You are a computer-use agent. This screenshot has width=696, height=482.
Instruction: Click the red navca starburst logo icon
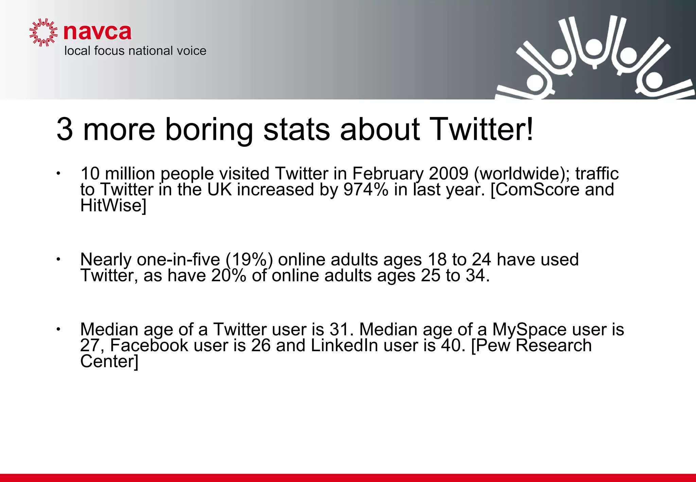tap(43, 32)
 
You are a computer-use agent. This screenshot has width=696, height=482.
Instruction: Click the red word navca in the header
tap(97, 32)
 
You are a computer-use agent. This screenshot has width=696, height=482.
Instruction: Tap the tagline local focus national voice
tap(135, 51)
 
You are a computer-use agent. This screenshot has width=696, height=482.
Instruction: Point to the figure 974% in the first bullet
tap(365, 190)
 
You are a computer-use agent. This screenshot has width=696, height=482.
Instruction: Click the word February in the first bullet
tap(388, 174)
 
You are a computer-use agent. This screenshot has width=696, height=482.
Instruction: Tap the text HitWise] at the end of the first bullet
tap(113, 205)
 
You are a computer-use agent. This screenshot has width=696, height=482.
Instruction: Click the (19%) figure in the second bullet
tap(249, 260)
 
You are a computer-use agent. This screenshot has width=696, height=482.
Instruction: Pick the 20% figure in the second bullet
tap(228, 275)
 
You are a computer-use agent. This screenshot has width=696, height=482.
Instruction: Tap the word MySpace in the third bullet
tap(529, 330)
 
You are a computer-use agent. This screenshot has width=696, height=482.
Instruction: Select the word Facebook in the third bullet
tap(149, 345)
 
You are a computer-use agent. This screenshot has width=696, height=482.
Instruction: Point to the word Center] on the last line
tap(109, 361)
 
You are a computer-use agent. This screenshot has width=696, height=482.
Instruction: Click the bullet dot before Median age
tap(58, 329)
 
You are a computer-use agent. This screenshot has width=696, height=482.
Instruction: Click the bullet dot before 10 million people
tap(58, 174)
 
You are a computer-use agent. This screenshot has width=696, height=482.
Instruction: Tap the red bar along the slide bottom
tap(348, 478)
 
